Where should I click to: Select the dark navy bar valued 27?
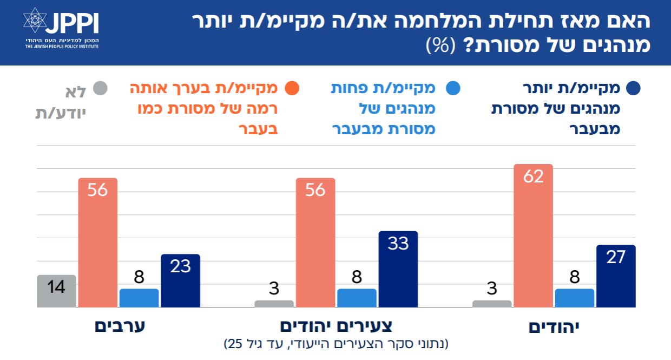[616, 276]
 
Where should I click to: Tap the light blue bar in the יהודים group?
[575, 298]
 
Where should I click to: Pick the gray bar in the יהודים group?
[492, 304]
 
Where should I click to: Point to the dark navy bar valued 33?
[398, 269]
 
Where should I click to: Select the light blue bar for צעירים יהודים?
[357, 298]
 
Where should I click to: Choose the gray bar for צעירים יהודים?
[274, 304]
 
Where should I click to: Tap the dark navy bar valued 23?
[181, 280]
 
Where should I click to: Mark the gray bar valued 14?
[56, 291]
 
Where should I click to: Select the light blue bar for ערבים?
[139, 298]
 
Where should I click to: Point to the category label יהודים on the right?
[554, 327]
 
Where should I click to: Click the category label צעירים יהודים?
[335, 326]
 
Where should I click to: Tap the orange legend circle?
[292, 88]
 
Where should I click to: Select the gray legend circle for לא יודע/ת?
[100, 88]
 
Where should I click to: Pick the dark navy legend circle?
[633, 88]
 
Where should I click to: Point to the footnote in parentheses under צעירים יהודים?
[336, 343]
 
